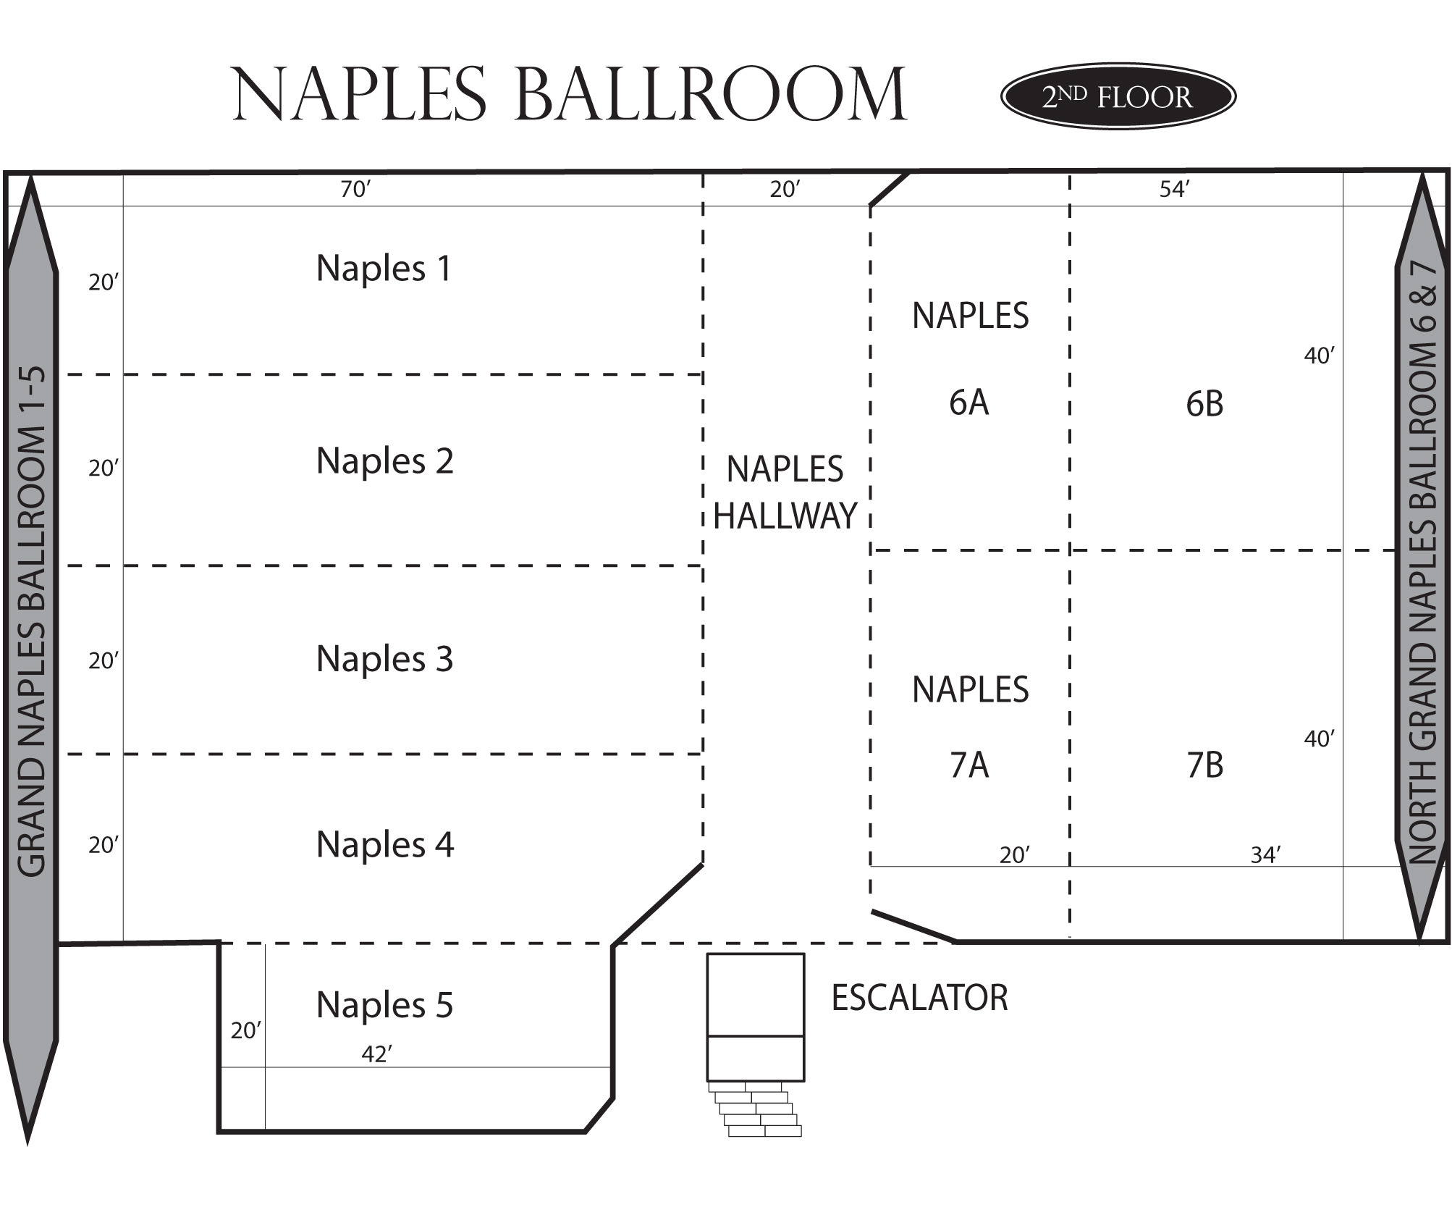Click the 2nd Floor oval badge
pos(1118,96)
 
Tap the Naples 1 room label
pos(384,269)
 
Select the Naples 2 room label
pos(385,461)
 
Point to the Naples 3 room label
pos(385,659)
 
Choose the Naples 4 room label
pos(385,845)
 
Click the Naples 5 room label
pos(385,1005)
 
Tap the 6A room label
pos(969,403)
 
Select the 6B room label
pos(1204,404)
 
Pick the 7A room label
pos(969,765)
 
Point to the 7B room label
pos(1205,765)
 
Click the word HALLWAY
pos(785,516)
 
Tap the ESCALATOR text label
pos(919,998)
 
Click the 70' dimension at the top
pos(355,190)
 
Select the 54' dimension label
pos(1175,190)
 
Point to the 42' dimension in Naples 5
pos(376,1054)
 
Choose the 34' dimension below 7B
pos(1265,855)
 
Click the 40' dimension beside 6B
pos(1319,356)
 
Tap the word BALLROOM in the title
pos(710,95)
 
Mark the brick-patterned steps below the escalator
pos(755,1109)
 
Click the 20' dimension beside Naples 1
pos(104,282)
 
